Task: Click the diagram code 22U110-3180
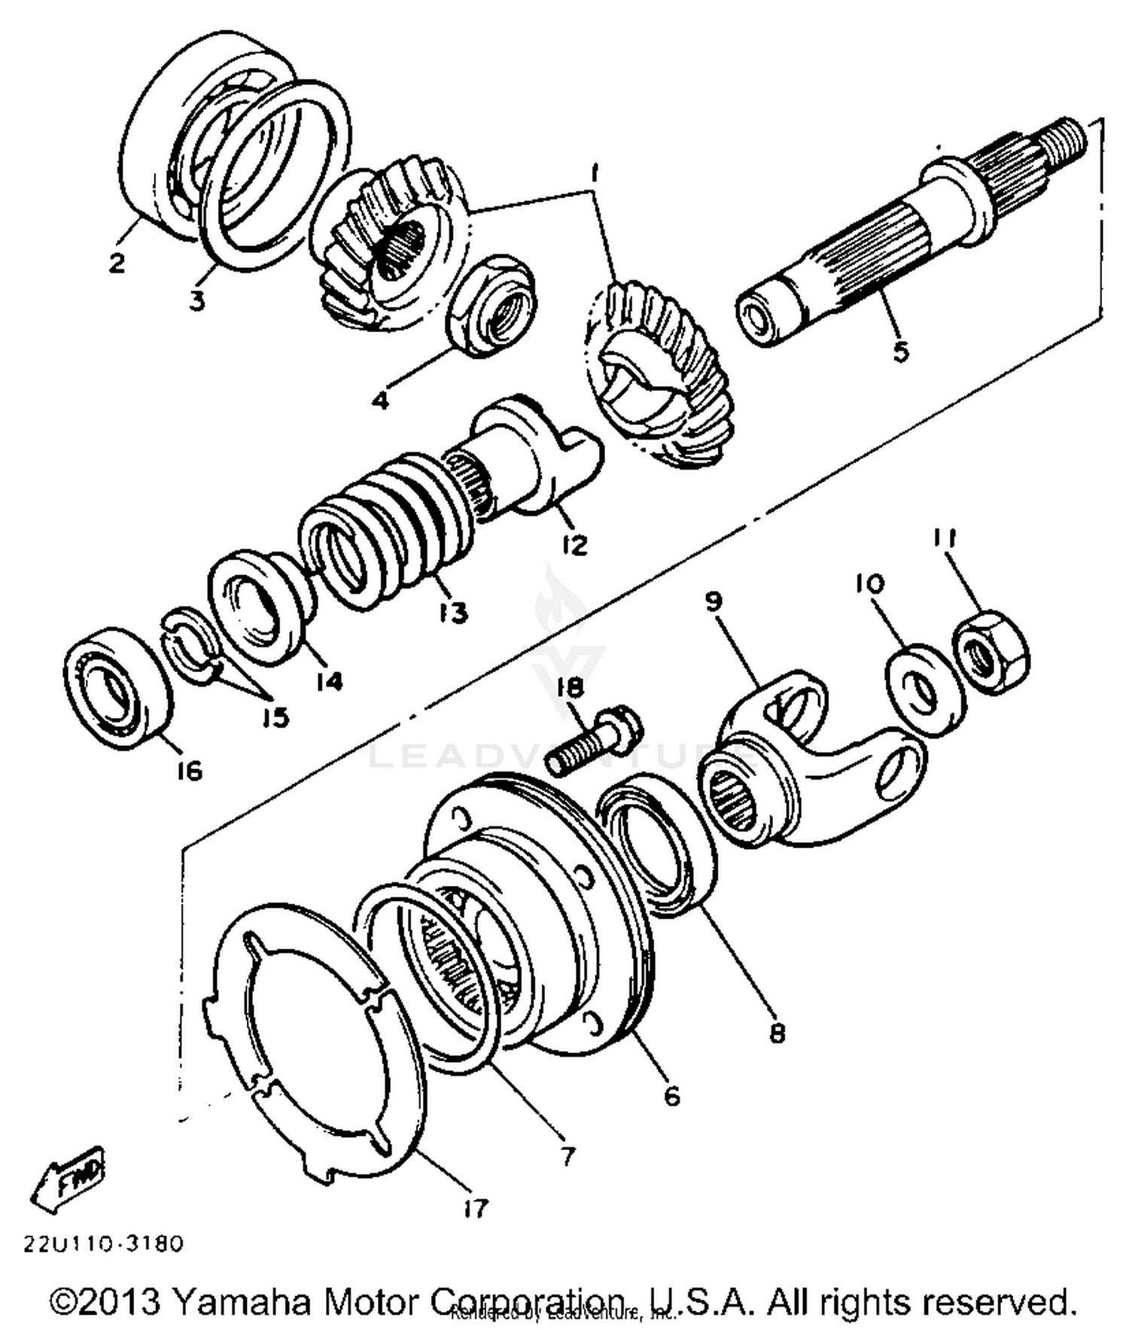tap(103, 1243)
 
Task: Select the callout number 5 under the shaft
tap(900, 352)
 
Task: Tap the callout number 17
tap(476, 1208)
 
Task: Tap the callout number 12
tap(574, 544)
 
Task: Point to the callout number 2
tap(117, 263)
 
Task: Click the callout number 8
tap(778, 1033)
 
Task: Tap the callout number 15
tap(276, 717)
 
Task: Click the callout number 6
tap(671, 1095)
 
